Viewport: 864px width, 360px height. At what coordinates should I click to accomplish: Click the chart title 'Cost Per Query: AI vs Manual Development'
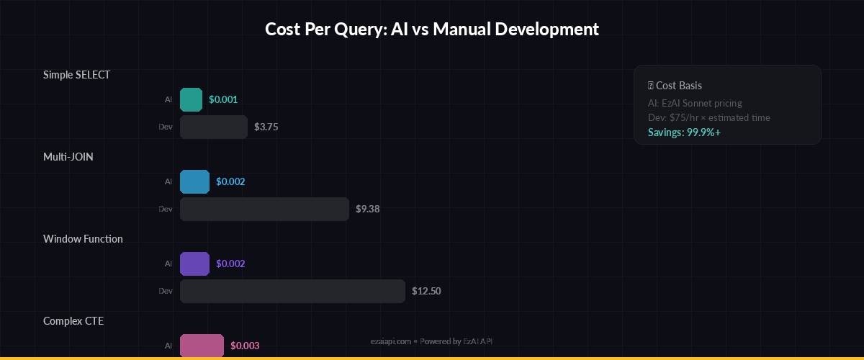pyautogui.click(x=432, y=30)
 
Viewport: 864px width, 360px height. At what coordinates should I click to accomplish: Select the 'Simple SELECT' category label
pyautogui.click(x=76, y=75)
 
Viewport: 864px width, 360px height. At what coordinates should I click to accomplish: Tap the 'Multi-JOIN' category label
pyautogui.click(x=68, y=157)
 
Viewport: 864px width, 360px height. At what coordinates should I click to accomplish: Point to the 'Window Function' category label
pyautogui.click(x=83, y=239)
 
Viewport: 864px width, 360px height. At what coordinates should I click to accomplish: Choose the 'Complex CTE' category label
pyautogui.click(x=73, y=321)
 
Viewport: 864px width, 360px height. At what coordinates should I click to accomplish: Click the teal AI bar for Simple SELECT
pyautogui.click(x=191, y=99)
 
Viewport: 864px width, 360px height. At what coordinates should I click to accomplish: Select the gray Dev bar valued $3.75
pyautogui.click(x=214, y=127)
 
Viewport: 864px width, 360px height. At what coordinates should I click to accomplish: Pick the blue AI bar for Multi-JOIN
pyautogui.click(x=194, y=181)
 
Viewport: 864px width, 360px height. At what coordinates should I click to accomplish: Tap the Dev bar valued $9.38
pyautogui.click(x=264, y=209)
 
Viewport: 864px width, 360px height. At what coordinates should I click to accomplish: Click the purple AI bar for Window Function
pyautogui.click(x=194, y=264)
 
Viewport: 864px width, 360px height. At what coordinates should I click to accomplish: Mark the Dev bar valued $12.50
pyautogui.click(x=292, y=291)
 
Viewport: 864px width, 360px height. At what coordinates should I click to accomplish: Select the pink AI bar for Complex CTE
pyautogui.click(x=202, y=346)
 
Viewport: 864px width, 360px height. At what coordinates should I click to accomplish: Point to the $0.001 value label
pyautogui.click(x=223, y=99)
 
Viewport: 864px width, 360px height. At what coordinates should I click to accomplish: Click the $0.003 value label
pyautogui.click(x=245, y=346)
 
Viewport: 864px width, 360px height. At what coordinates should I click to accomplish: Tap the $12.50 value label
pyautogui.click(x=426, y=291)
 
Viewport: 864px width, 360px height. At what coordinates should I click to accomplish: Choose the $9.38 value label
pyautogui.click(x=367, y=209)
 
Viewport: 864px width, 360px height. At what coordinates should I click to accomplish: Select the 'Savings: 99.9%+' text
pyautogui.click(x=684, y=132)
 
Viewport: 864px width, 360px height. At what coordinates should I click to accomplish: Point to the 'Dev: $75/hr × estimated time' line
pyautogui.click(x=708, y=117)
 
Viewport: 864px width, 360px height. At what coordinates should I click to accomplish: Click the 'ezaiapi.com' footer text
pyautogui.click(x=390, y=341)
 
